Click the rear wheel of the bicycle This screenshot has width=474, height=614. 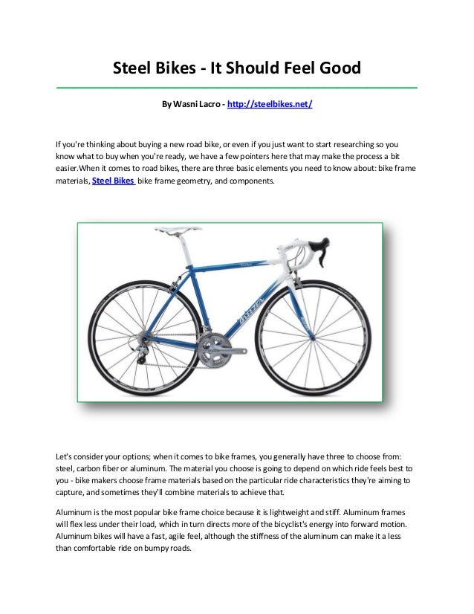pos(148,336)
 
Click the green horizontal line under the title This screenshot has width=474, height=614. pos(237,88)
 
